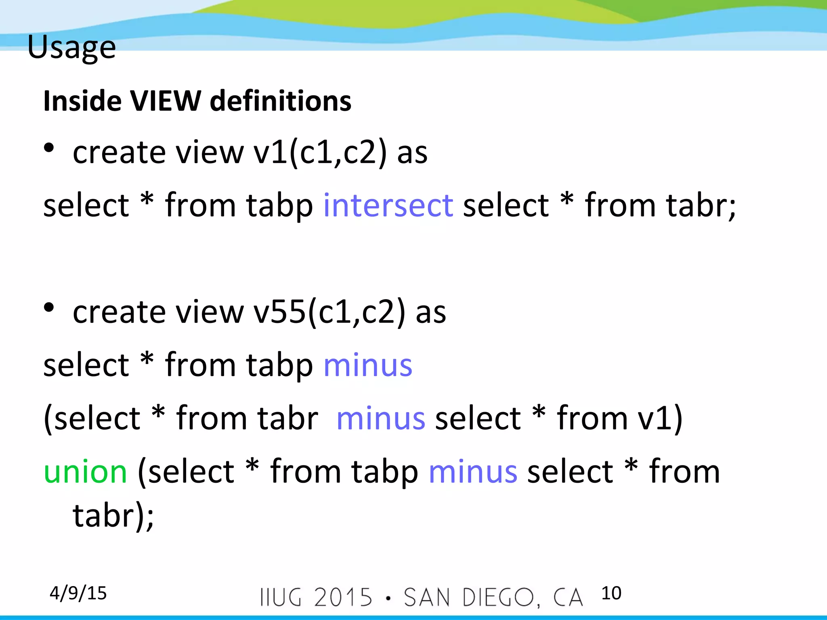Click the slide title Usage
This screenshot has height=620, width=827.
(x=71, y=47)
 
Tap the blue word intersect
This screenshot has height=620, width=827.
(x=388, y=205)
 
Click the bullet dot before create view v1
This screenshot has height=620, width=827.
(x=49, y=148)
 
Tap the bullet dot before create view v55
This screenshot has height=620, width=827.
(x=49, y=308)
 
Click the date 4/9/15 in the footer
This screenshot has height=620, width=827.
(x=78, y=593)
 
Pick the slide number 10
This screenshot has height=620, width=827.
(x=611, y=593)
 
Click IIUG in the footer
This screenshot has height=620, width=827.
(x=281, y=597)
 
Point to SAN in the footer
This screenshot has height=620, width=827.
(x=427, y=597)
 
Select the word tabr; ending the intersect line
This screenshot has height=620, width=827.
(x=701, y=205)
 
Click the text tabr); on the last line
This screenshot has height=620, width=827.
(x=113, y=516)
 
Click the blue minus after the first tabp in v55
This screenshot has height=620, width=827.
(x=368, y=365)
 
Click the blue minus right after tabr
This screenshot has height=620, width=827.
(x=380, y=418)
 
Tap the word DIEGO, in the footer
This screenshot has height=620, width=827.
(x=501, y=597)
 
